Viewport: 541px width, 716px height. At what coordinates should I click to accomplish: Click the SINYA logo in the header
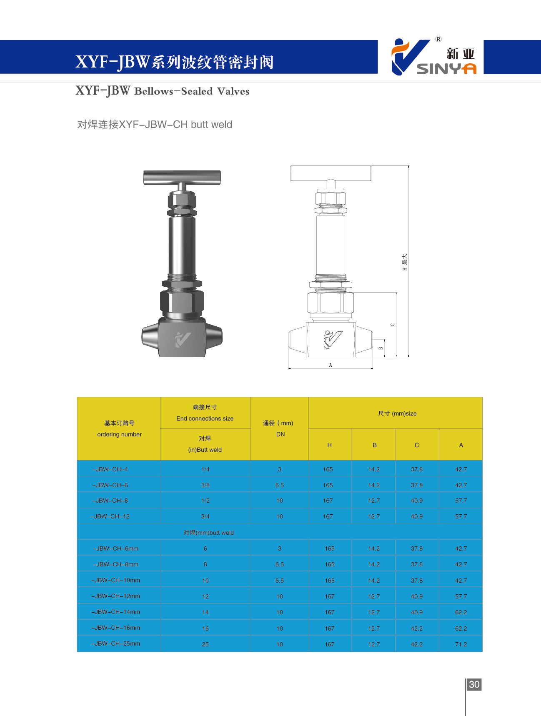[433, 57]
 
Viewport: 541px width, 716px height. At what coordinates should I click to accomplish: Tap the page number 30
[474, 684]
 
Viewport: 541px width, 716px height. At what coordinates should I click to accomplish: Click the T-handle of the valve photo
[182, 177]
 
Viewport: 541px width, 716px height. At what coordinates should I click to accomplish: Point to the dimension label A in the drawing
[331, 365]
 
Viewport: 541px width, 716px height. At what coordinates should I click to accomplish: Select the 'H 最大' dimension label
[404, 262]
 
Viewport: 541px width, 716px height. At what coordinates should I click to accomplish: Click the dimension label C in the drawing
[392, 325]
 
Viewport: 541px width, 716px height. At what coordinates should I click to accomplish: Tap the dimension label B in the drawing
[380, 348]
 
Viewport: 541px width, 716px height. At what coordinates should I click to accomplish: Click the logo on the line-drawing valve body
[333, 339]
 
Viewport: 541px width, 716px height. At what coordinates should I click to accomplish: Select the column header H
[329, 445]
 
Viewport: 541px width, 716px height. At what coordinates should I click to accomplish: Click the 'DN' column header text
[280, 434]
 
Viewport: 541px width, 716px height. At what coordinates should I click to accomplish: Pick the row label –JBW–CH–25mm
[116, 643]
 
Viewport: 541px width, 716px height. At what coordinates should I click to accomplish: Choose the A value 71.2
[461, 644]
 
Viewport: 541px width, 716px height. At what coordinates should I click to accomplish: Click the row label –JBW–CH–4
[110, 469]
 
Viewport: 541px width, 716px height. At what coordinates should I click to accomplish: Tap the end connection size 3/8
[205, 485]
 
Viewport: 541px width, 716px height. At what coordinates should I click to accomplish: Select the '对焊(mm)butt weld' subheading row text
[208, 533]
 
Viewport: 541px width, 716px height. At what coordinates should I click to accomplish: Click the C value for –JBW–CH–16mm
[416, 628]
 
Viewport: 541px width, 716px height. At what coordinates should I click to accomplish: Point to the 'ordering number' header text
[119, 434]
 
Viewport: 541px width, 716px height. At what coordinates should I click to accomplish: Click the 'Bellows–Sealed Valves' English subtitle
[192, 91]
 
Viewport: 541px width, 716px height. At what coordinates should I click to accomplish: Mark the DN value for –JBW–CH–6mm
[280, 548]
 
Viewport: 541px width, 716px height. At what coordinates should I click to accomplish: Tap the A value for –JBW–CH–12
[461, 516]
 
